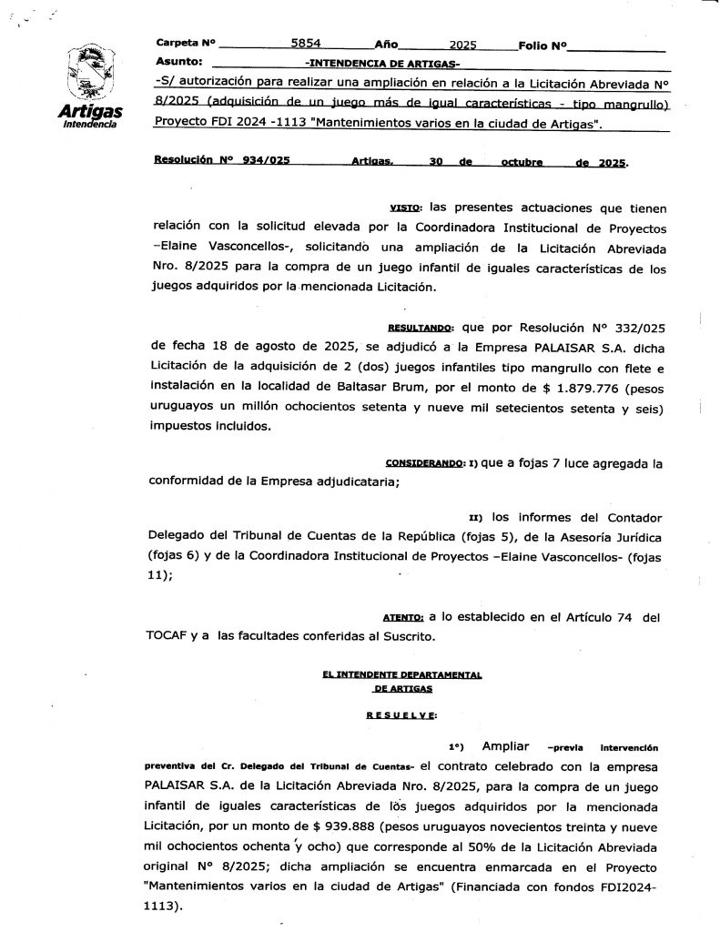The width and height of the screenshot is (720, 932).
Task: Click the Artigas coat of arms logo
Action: coord(88,75)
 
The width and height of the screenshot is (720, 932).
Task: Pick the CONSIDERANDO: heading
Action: coord(426,463)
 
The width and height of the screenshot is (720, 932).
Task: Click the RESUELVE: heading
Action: coord(401,714)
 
